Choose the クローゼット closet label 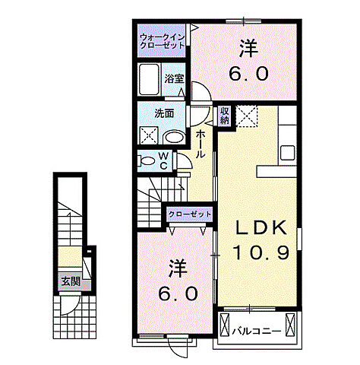click(190, 214)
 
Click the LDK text click(260, 228)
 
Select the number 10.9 click(260, 253)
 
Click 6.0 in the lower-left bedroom click(176, 293)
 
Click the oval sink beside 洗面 click(175, 138)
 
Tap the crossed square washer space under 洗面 click(148, 136)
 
